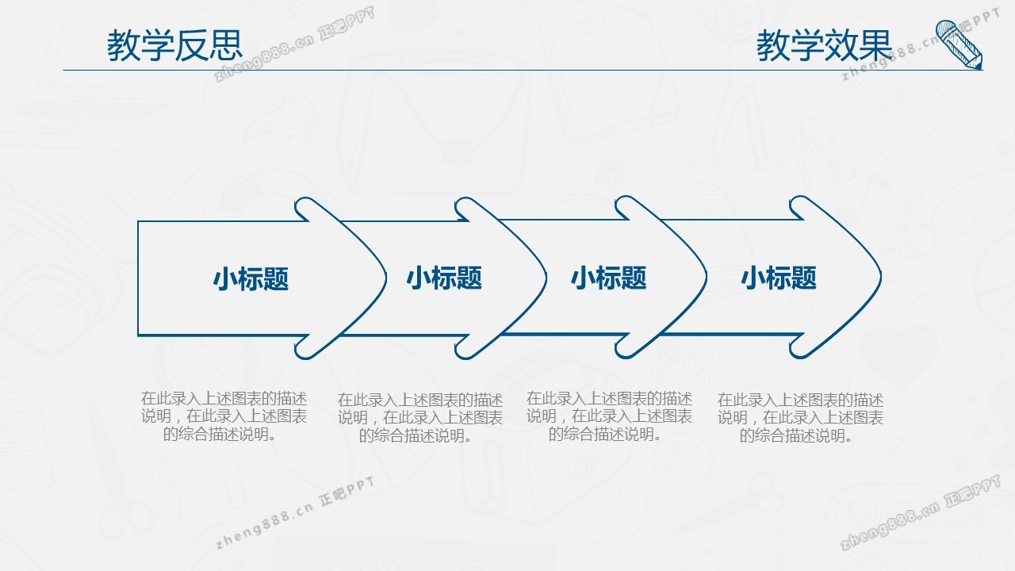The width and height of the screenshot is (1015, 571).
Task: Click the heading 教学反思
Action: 174,45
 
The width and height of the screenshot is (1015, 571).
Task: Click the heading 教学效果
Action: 824,45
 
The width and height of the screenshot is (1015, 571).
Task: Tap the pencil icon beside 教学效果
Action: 959,44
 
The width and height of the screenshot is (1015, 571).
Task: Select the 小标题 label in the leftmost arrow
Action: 251,278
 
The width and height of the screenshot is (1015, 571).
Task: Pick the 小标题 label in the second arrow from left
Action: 444,278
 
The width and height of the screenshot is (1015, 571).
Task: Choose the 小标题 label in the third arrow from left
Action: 608,278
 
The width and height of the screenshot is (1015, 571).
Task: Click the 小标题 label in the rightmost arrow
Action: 779,278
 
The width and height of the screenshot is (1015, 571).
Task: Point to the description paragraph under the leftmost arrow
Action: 224,416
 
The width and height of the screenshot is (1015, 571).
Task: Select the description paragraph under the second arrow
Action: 420,418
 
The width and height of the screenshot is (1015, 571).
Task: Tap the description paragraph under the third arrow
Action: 609,416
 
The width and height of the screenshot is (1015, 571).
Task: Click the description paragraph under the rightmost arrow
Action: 800,418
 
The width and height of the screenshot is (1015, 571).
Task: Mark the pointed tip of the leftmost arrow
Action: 386,278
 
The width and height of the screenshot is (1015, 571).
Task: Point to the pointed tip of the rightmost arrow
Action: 881,277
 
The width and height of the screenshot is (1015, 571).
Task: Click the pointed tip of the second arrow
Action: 546,278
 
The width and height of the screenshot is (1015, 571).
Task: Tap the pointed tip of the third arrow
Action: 706,277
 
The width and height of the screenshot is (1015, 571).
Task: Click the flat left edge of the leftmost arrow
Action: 138,278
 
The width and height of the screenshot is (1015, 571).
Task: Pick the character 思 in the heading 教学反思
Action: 226,45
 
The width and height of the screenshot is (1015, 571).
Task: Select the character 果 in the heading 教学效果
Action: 875,45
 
